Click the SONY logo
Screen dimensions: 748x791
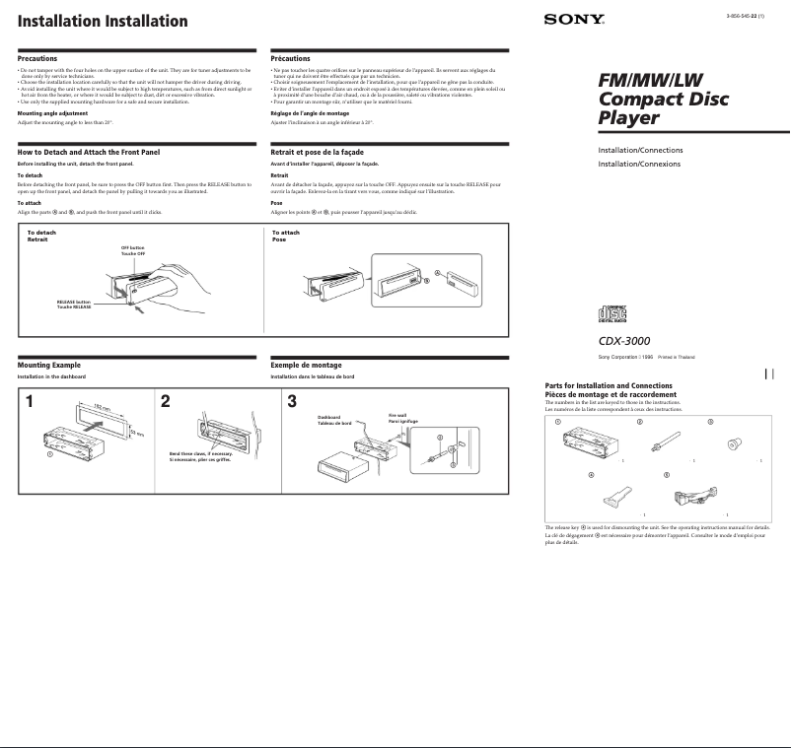(x=573, y=20)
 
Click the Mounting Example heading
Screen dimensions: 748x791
(x=48, y=365)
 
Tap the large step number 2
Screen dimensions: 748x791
(x=166, y=401)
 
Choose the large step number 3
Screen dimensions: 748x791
(x=292, y=401)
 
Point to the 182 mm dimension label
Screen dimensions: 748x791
(x=101, y=406)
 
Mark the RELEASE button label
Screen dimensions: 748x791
(x=74, y=305)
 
